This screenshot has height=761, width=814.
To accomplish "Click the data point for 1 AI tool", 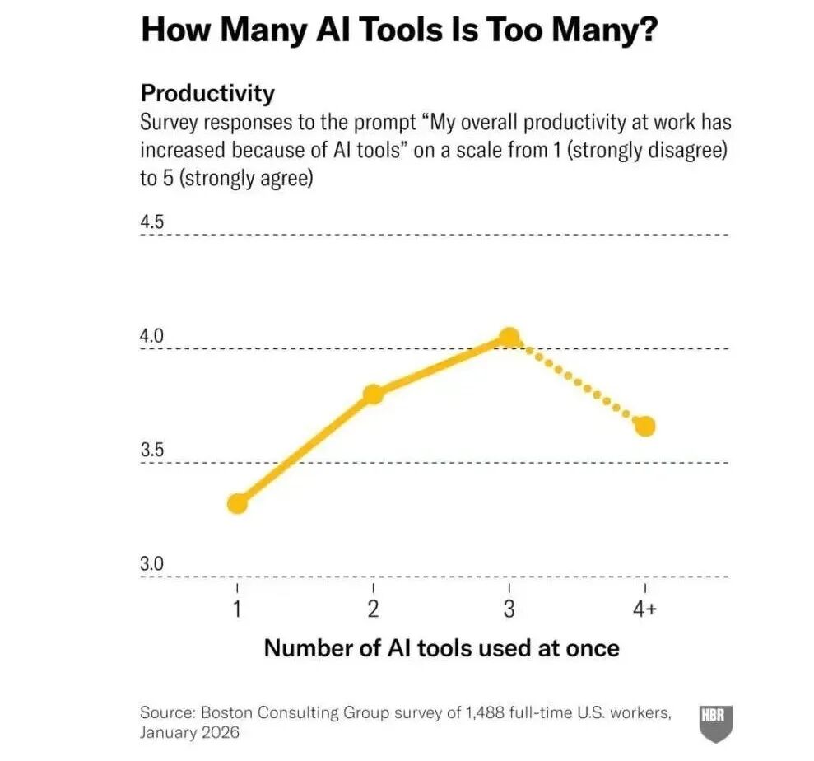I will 237,503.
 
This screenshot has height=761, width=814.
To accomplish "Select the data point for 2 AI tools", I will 373,395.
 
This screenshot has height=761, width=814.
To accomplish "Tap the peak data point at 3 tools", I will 509,337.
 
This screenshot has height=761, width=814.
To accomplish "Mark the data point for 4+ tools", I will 645,426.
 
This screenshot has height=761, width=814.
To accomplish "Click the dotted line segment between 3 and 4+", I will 578,382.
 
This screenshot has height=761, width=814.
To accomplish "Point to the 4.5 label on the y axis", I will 152,223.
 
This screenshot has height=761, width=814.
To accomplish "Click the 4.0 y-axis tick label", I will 152,337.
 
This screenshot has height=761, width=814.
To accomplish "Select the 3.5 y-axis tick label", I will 152,451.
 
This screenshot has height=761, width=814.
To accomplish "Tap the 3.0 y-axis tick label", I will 152,564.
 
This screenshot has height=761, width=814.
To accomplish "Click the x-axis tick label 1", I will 237,610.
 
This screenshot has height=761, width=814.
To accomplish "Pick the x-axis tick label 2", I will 373,610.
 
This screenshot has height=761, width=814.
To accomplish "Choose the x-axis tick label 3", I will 509,610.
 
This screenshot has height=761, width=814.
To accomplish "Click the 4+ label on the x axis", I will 645,610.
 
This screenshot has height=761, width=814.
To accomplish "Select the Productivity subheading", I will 207,93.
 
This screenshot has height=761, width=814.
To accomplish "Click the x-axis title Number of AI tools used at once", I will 441,648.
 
